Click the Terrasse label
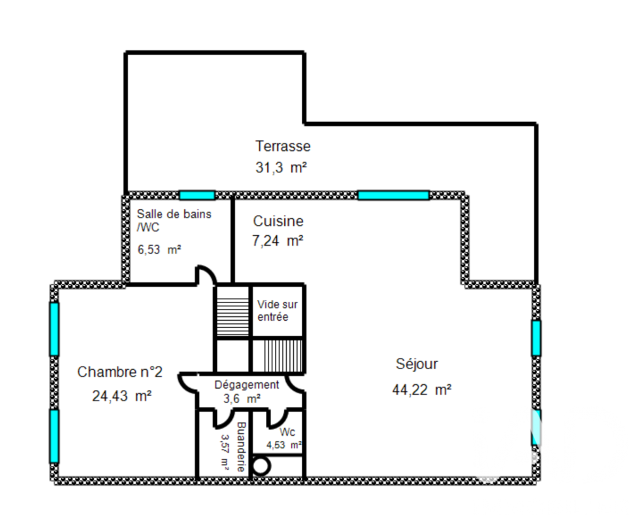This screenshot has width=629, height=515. (x=282, y=147)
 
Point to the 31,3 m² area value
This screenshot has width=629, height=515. (x=281, y=168)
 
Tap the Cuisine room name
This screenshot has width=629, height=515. (x=278, y=221)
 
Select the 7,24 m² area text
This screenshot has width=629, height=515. (x=277, y=240)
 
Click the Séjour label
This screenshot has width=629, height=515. (x=416, y=363)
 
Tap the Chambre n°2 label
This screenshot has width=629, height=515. (x=120, y=372)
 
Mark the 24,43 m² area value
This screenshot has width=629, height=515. (x=121, y=396)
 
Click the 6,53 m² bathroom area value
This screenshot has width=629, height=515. (x=159, y=249)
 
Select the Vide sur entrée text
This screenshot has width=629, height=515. (x=277, y=311)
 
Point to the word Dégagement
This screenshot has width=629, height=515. (x=246, y=385)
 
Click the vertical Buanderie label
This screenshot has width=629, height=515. (x=240, y=446)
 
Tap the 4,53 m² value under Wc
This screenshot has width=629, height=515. (x=284, y=445)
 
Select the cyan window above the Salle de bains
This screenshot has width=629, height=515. (x=197, y=195)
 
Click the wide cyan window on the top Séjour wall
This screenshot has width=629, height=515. (x=393, y=195)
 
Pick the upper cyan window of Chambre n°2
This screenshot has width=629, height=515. (x=54, y=328)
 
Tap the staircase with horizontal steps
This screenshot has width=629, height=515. (x=233, y=312)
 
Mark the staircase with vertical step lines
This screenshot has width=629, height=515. (x=277, y=357)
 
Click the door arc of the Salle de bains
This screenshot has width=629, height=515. (x=205, y=275)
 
